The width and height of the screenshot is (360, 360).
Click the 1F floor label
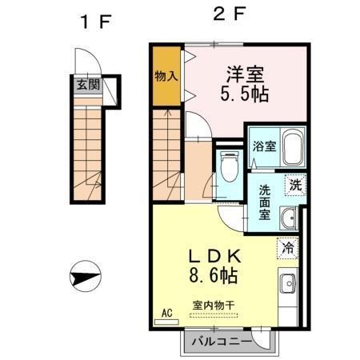pos(94,21)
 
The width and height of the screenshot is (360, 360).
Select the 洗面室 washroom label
pos(263,203)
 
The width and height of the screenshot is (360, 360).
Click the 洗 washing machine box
pos(295,182)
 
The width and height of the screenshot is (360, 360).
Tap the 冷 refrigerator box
pos(288,248)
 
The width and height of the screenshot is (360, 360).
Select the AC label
pos(167,313)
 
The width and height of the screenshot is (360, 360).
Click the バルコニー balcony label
pos(227,342)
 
